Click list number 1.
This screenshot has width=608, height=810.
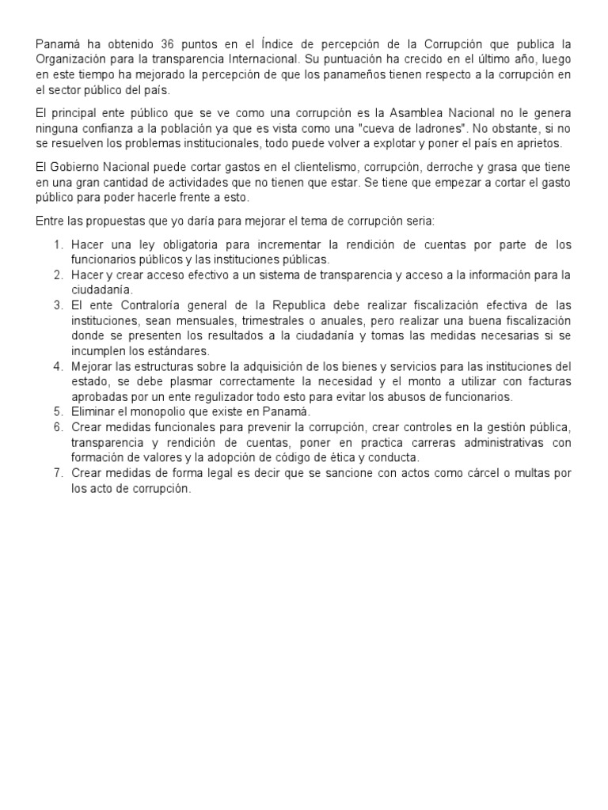[59, 244]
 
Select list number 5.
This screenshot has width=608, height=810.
[59, 412]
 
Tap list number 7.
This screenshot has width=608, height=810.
[59, 473]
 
